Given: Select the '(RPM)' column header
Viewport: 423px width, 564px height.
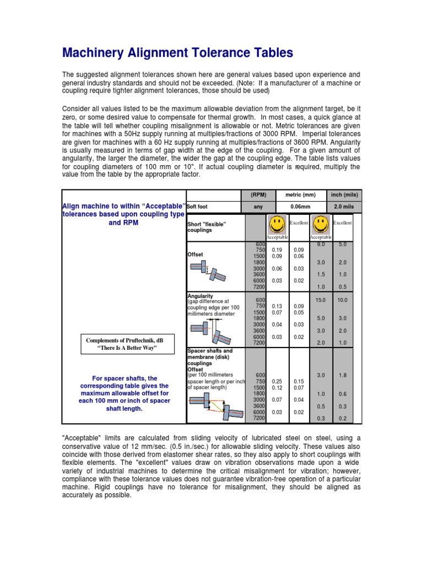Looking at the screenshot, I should [x=258, y=194].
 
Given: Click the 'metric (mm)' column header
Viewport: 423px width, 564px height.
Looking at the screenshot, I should [x=300, y=194].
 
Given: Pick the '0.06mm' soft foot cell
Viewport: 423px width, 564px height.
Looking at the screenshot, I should [x=300, y=207].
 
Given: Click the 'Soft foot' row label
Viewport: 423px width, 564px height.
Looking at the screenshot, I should [x=199, y=207].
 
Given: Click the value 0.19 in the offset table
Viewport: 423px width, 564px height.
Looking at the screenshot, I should [x=277, y=249].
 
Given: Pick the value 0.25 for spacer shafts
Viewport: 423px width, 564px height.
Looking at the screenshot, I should [x=277, y=381].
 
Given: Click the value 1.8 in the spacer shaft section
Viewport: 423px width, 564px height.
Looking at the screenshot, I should [x=342, y=375].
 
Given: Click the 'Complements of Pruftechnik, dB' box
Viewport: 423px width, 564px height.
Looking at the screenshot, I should [x=123, y=345].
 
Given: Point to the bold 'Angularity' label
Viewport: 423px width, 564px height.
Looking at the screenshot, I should [x=200, y=296].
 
